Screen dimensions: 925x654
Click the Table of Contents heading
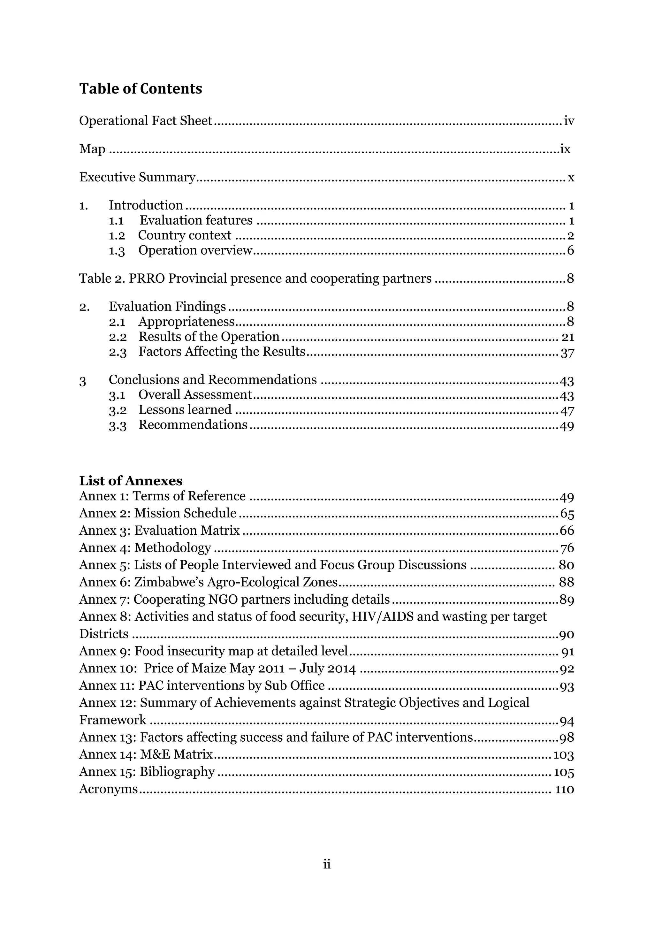coord(141,88)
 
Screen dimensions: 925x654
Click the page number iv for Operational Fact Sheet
coord(569,121)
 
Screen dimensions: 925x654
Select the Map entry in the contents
coord(92,149)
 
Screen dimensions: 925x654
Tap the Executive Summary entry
coord(137,177)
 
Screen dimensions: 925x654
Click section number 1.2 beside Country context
coord(117,236)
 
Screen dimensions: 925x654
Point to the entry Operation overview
coord(195,251)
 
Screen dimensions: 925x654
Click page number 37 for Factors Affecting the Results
coord(567,353)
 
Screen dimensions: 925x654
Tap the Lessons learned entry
coord(185,410)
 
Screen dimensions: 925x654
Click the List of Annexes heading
coord(131,481)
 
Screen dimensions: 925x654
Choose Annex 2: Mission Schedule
coord(157,513)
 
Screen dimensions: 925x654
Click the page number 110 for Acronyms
coord(564,790)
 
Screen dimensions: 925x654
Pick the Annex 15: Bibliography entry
coord(147,772)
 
